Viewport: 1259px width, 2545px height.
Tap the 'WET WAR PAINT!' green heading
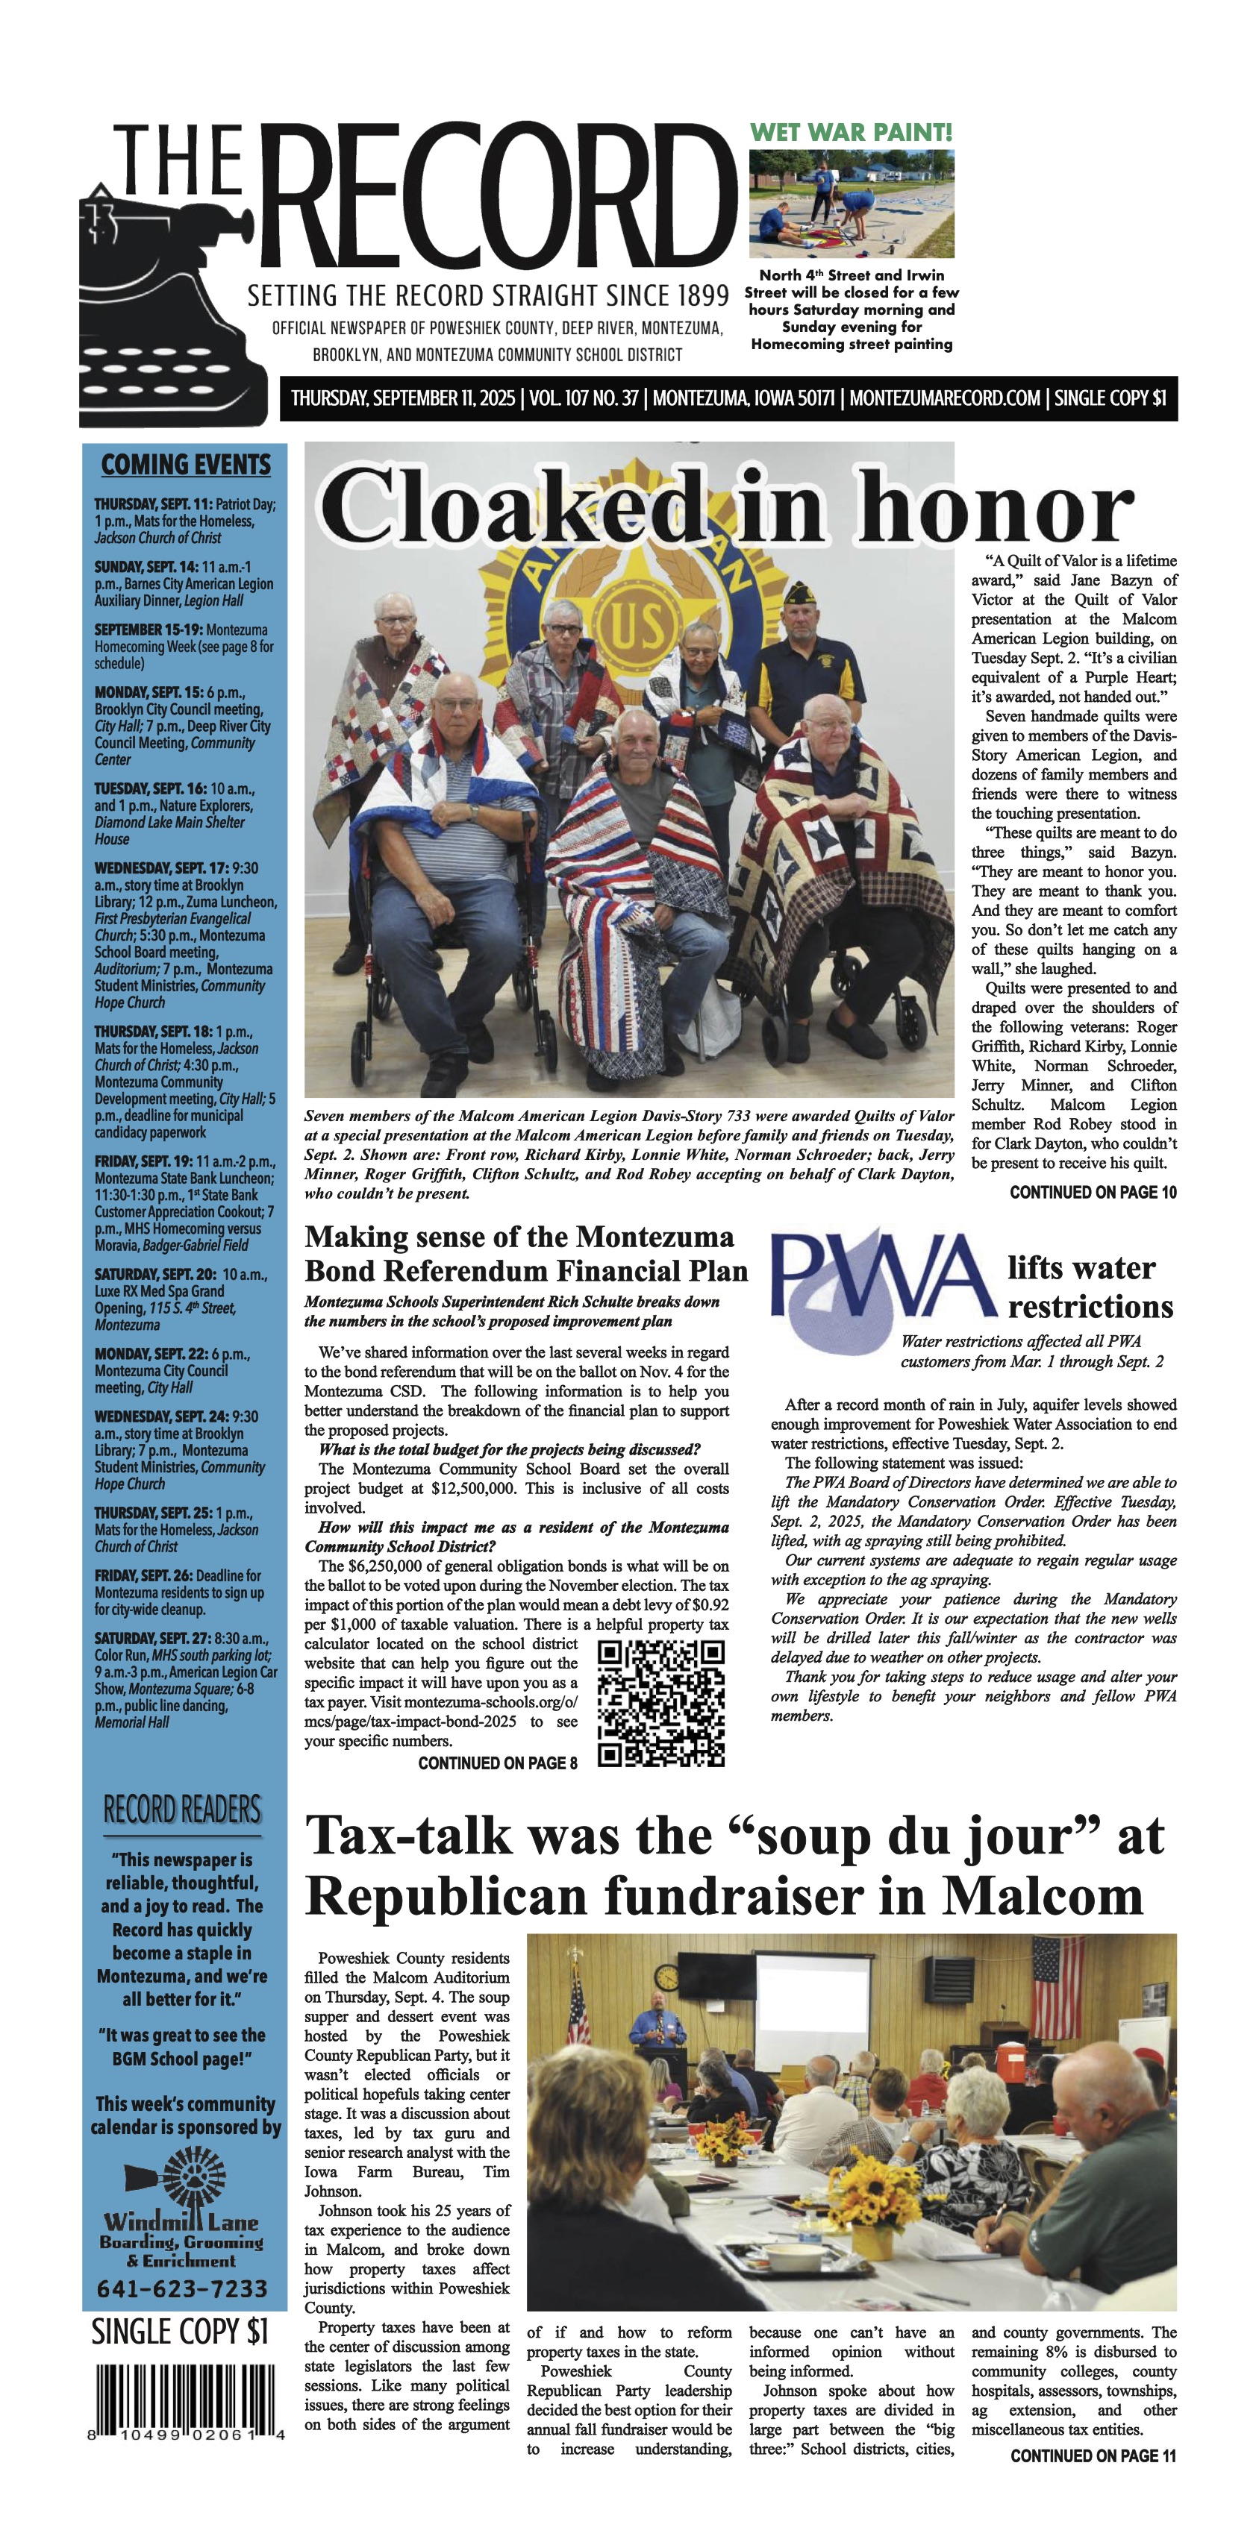pos(851,132)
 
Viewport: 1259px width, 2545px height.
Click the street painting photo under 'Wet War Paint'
pos(851,204)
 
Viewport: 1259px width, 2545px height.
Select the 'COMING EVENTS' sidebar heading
pos(185,465)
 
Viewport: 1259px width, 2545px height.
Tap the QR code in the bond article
pos(661,1703)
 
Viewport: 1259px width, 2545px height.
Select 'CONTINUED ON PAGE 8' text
pos(497,1763)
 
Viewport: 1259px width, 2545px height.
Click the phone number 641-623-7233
pos(183,2289)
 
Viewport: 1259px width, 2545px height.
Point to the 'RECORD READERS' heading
pos(183,1811)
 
